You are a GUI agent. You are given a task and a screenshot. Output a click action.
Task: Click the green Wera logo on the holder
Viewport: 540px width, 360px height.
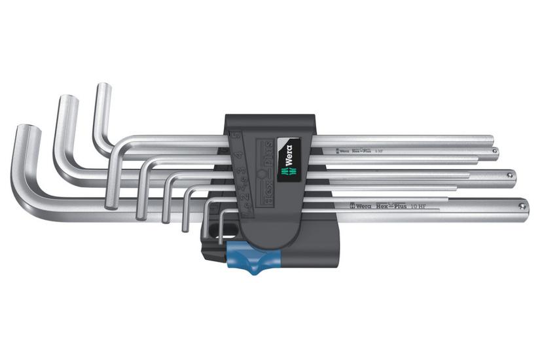click(287, 154)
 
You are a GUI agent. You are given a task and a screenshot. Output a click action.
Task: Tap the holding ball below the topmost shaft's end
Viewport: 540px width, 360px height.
click(495, 151)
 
